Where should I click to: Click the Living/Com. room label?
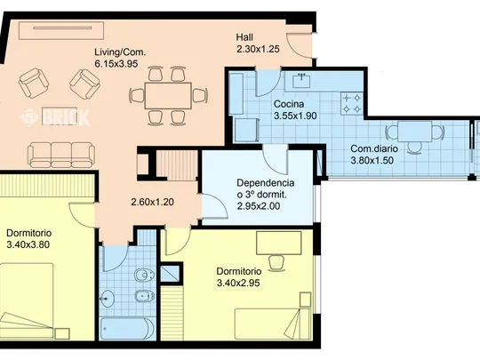[x=120, y=52]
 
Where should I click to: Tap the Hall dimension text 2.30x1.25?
[x=258, y=49]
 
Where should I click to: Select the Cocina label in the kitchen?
[x=289, y=104]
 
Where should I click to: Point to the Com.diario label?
[x=374, y=148]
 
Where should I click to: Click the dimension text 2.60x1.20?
[x=153, y=202]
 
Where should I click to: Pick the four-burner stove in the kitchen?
[x=352, y=103]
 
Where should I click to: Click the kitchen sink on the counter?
[x=301, y=80]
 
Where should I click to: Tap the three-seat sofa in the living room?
[x=61, y=155]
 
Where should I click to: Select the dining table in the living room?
[x=168, y=95]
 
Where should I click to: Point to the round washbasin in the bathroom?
[x=107, y=298]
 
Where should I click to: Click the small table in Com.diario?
[x=415, y=132]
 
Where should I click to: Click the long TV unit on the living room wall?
[x=61, y=30]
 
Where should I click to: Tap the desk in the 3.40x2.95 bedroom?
[x=279, y=243]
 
